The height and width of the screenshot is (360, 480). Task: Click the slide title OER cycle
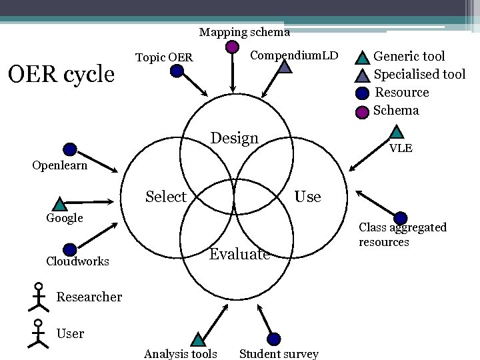(60, 74)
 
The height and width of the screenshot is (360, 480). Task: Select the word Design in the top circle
(234, 139)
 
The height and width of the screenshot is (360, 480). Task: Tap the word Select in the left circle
(165, 197)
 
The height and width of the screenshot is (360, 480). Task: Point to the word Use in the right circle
(307, 197)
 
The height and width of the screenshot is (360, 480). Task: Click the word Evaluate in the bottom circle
(239, 254)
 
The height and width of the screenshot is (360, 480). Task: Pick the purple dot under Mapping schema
(231, 47)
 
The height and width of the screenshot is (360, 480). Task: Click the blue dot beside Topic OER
(177, 70)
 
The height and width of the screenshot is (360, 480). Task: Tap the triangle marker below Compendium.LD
(285, 67)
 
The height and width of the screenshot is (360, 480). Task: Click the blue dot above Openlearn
(69, 149)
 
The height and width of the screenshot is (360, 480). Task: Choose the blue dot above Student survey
(274, 339)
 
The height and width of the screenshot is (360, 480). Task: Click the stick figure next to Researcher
(37, 297)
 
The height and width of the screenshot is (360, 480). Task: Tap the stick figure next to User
(37, 333)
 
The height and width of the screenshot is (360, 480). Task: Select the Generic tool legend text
(409, 56)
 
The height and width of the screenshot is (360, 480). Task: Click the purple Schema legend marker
(362, 111)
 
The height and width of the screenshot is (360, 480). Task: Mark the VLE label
(401, 148)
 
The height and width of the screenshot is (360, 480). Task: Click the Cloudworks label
(77, 261)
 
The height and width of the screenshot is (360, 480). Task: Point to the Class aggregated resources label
(403, 235)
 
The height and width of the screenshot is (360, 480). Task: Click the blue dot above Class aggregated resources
(401, 218)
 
